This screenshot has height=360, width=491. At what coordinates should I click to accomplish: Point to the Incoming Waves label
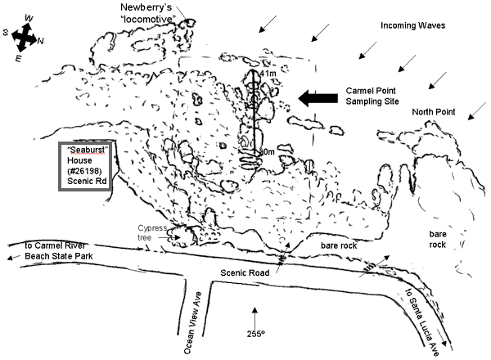point(412,25)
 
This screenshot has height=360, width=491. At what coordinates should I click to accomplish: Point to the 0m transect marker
point(265,152)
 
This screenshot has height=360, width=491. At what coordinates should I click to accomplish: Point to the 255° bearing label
point(257,333)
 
